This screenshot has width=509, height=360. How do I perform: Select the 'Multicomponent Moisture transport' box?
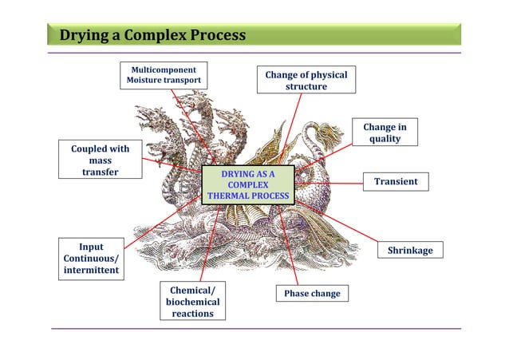(164, 75)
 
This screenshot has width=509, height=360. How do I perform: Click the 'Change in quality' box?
(385, 133)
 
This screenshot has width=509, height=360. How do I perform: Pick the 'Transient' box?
(396, 182)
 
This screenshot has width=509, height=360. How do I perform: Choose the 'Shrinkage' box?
(410, 251)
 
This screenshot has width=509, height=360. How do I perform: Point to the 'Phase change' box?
(312, 294)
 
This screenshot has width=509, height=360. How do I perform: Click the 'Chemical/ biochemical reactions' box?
(192, 301)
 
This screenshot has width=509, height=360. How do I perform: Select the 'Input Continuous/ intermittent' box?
(90, 259)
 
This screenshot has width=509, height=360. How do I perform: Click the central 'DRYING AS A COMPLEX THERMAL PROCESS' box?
(248, 184)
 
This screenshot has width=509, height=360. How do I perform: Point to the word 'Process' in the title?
(216, 36)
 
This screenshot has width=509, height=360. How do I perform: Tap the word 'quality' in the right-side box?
(385, 140)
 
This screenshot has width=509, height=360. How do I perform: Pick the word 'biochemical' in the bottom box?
(192, 302)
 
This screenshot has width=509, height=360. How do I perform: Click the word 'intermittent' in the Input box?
(91, 271)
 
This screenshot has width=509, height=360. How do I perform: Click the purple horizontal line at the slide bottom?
(255, 328)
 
